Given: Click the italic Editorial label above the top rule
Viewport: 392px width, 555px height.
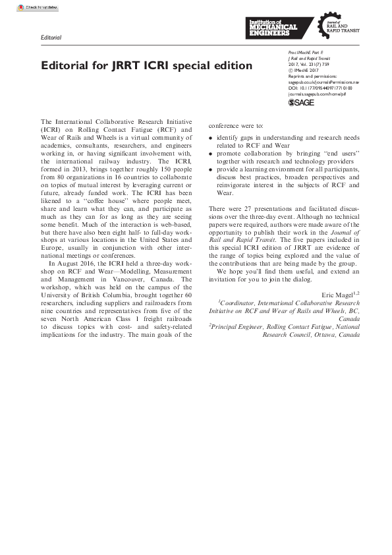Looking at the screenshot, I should [51, 38].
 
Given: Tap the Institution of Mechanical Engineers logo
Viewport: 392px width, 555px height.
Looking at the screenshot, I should [271, 29].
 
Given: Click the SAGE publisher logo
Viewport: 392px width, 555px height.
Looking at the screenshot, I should [301, 103].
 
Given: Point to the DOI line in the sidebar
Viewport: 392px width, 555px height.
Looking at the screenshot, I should [320, 87].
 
